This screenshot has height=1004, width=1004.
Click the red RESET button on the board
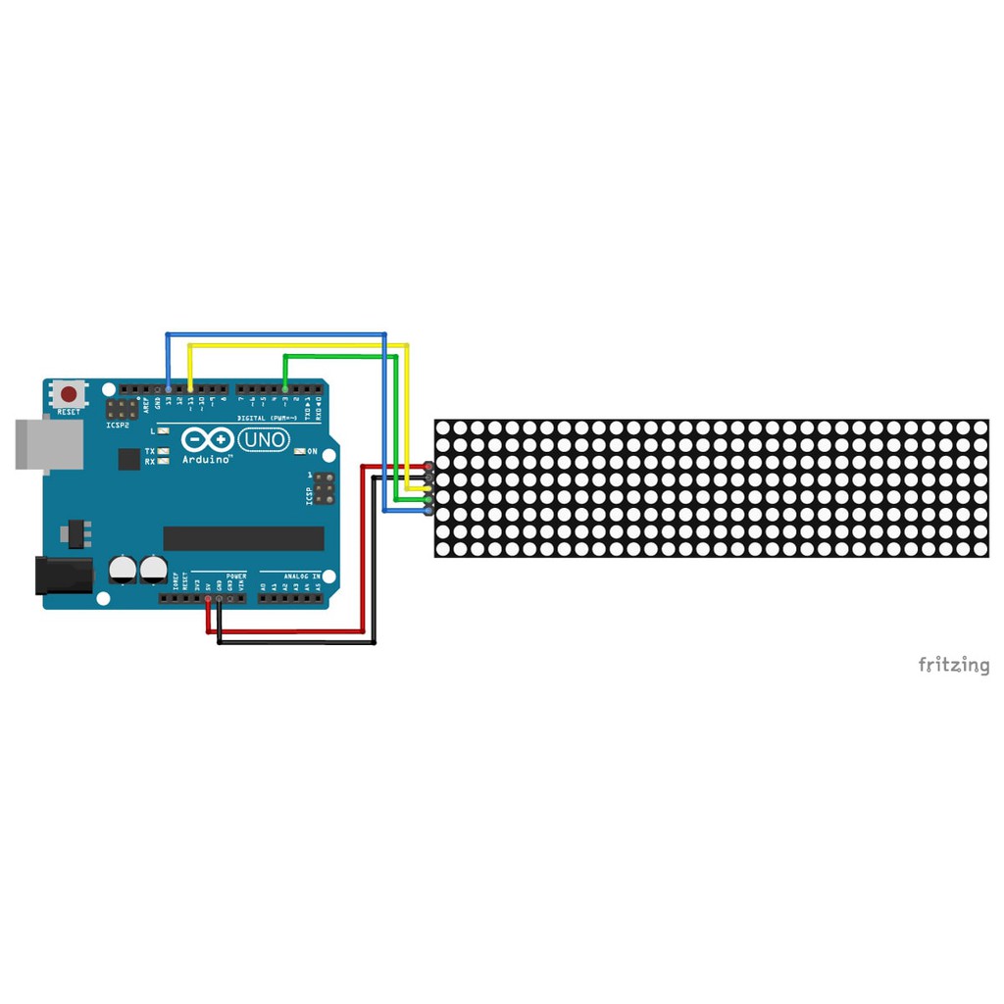pos(69,394)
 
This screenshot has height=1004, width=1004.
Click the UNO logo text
pos(264,440)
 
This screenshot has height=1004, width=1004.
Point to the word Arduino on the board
pos(207,459)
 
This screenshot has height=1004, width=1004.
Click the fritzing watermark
pos(953,666)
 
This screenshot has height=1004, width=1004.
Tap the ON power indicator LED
pos(298,451)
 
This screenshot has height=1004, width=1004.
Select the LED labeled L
pos(164,431)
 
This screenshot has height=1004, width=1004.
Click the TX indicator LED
pos(164,451)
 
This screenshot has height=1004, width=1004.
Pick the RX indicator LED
pos(164,461)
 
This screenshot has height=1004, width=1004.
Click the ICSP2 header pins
pos(122,409)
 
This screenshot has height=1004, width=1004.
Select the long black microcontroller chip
pos(243,538)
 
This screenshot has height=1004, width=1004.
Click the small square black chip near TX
pos(129,459)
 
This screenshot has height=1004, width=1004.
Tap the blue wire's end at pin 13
pos(169,389)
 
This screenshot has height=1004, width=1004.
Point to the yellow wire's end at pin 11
pos(190,389)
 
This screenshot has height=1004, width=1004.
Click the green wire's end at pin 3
pos(284,389)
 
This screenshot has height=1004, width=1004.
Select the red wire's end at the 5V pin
pos(208,598)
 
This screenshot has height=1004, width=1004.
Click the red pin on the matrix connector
pos(428,466)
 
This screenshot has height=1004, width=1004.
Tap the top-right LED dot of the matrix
pos(979,428)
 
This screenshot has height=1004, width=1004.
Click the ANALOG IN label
pos(302,577)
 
